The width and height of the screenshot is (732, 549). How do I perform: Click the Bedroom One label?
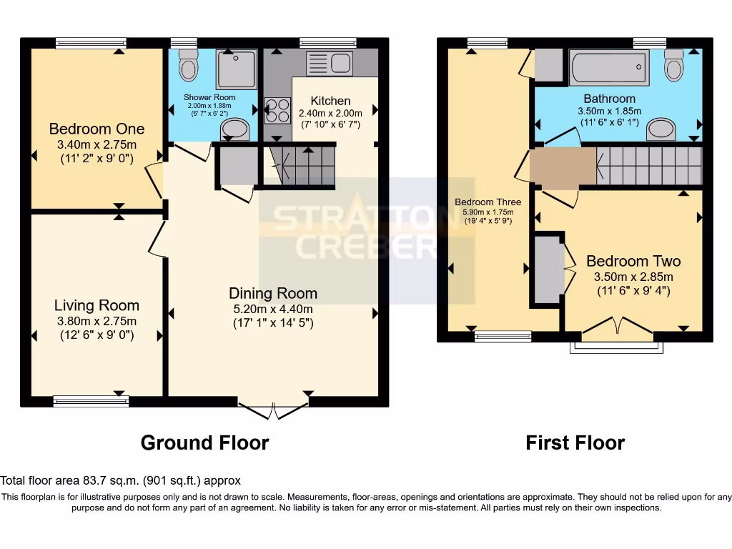(x=97, y=129)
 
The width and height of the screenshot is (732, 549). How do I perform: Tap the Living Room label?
(x=97, y=306)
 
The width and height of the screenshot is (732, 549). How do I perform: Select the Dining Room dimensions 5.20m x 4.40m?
(x=272, y=309)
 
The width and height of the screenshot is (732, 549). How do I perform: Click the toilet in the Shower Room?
(x=189, y=66)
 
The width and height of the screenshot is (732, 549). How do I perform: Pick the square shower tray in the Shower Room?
(x=236, y=69)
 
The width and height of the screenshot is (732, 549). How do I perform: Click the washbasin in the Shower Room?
(x=234, y=129)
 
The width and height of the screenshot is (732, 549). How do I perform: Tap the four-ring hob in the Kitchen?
(x=277, y=110)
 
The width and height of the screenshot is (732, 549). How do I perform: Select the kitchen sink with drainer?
(x=330, y=63)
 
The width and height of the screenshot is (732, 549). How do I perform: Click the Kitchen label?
(x=330, y=101)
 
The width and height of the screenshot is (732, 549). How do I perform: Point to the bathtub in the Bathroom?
(x=609, y=68)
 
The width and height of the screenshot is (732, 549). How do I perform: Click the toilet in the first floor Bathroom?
(x=673, y=66)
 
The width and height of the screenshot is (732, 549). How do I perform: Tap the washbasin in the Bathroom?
(x=661, y=129)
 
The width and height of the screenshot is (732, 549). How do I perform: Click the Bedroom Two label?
(x=633, y=261)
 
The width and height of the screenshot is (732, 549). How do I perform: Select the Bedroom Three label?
(x=488, y=202)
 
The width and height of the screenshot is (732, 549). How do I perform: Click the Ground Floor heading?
(x=204, y=442)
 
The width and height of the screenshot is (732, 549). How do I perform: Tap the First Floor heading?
(x=575, y=442)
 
